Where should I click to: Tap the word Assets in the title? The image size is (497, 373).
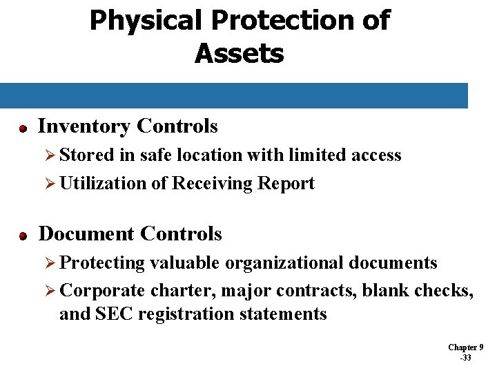[239, 53]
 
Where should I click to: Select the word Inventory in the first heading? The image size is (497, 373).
[84, 126]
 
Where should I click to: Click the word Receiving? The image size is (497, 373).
[212, 184]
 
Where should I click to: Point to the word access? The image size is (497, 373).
[376, 155]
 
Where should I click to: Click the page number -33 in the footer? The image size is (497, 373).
[465, 358]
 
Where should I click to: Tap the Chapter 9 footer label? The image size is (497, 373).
[465, 347]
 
